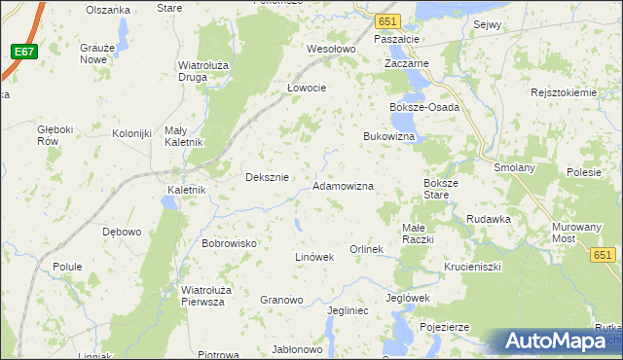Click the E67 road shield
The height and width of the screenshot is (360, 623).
click(25, 52)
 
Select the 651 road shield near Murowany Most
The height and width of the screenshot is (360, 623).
click(603, 254)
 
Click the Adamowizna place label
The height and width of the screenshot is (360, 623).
click(343, 185)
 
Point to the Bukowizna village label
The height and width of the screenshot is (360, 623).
click(389, 137)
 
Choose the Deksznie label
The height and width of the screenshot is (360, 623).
click(267, 177)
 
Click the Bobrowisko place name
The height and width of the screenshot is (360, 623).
click(228, 243)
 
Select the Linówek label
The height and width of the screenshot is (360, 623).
click(314, 257)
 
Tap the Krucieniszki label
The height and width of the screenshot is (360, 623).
click(472, 266)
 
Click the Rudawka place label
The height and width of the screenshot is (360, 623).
click(489, 219)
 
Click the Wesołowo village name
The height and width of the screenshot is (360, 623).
click(331, 49)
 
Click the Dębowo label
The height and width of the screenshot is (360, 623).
click(122, 232)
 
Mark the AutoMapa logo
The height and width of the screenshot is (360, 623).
click(558, 342)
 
